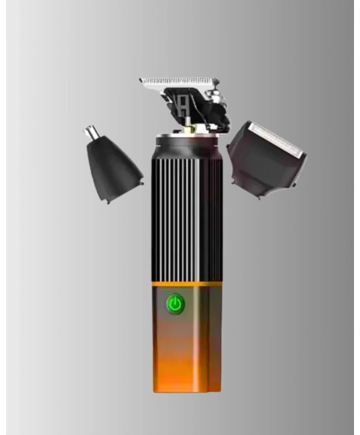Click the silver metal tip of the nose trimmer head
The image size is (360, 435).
[x=92, y=133]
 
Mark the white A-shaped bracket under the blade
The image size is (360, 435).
[x=182, y=107]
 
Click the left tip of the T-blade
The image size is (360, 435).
[x=141, y=80]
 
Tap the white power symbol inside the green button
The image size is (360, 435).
[x=175, y=304]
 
